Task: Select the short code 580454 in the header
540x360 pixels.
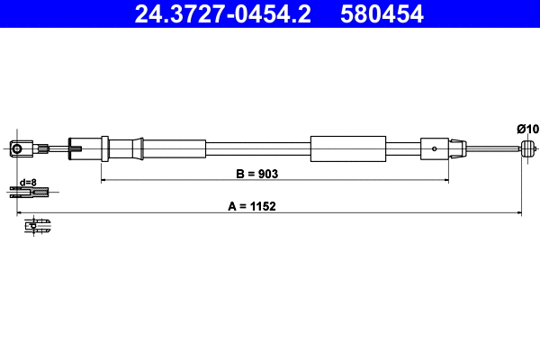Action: (380, 13)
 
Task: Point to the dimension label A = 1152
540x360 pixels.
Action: (251, 205)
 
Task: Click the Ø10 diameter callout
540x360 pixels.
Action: (527, 129)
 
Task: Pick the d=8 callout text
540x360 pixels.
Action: (27, 181)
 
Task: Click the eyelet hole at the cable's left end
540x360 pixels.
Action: (15, 148)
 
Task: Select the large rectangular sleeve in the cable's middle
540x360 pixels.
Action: (347, 148)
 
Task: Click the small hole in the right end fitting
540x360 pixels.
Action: (436, 148)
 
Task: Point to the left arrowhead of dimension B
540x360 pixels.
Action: (104, 180)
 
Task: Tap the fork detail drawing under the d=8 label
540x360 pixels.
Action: (30, 191)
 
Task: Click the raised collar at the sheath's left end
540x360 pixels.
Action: (105, 148)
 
